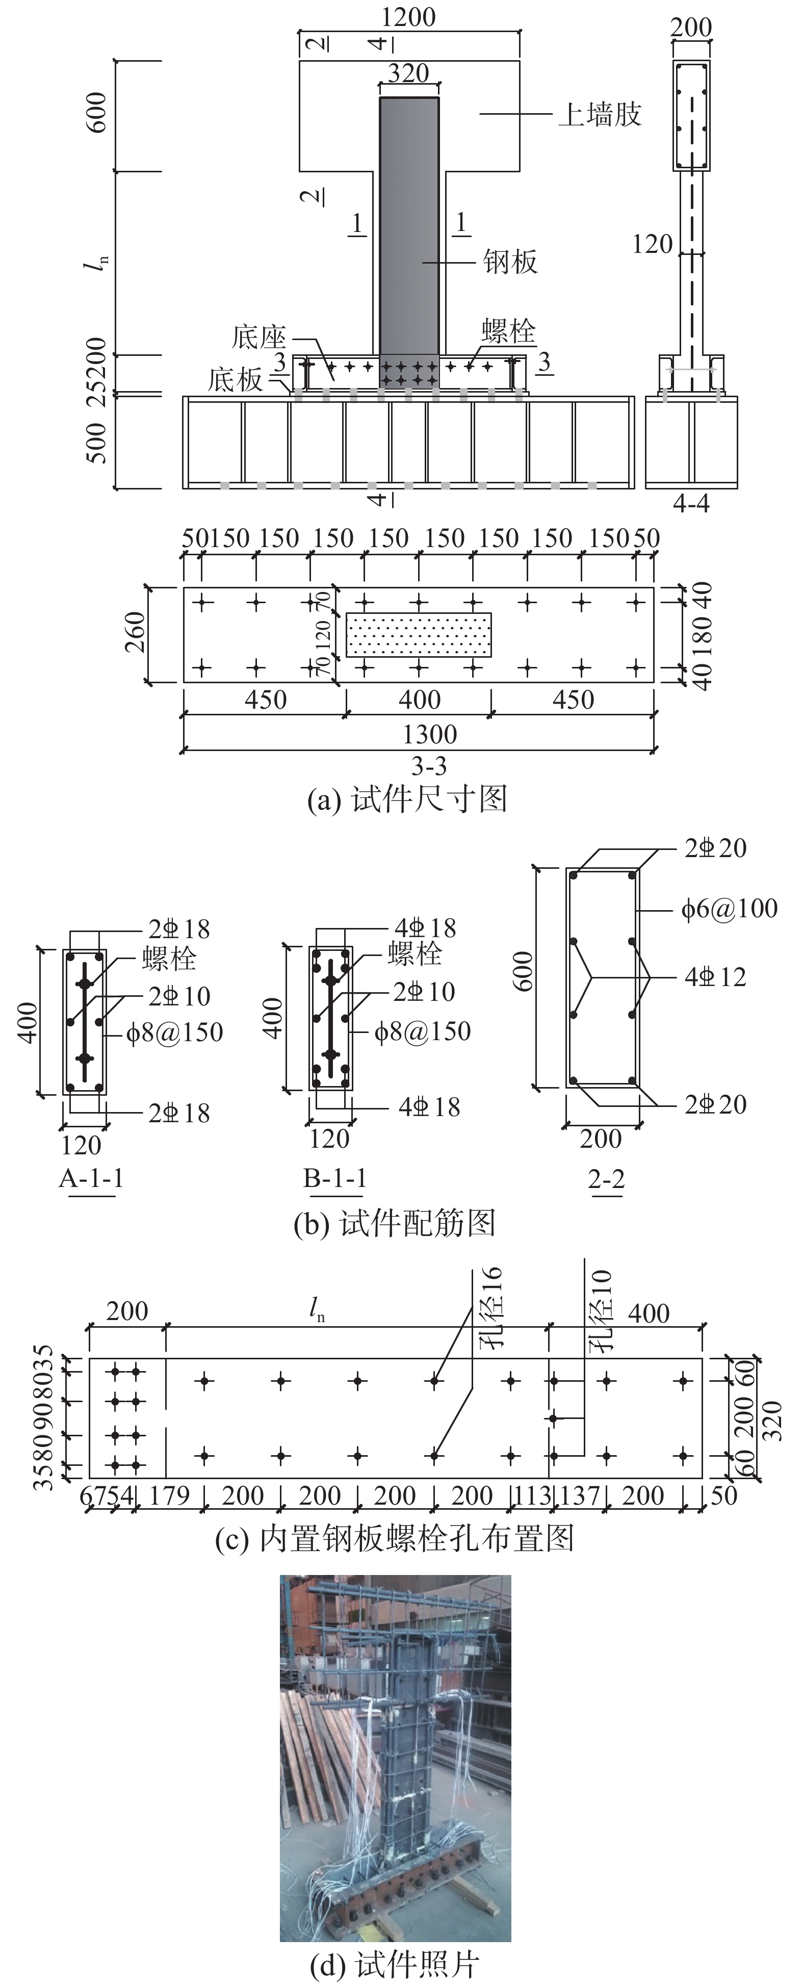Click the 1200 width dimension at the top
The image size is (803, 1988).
409,17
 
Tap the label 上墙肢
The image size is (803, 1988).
600,115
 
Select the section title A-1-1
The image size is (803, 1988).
91,1178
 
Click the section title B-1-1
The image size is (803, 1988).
335,1178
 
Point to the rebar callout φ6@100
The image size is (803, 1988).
729,908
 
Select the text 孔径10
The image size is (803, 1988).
600,1308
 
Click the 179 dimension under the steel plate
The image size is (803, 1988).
169,1495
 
